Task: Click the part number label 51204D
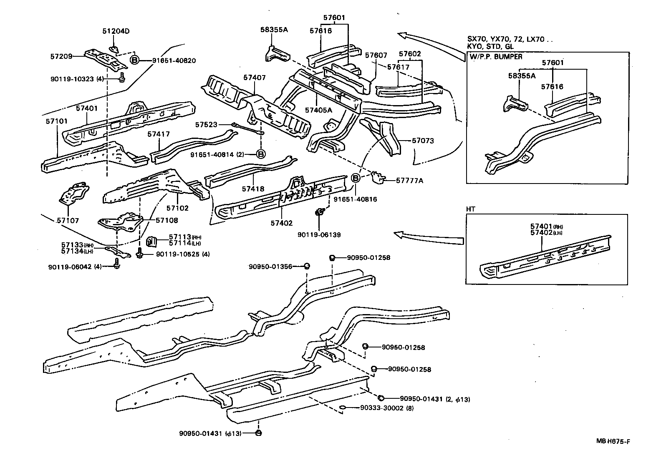[116, 31]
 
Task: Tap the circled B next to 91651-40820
[135, 60]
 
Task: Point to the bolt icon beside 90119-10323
[122, 77]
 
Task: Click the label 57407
[254, 78]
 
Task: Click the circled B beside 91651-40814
[260, 154]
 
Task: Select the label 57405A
[318, 110]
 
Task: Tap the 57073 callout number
[422, 141]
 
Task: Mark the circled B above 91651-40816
[356, 178]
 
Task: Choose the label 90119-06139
[319, 235]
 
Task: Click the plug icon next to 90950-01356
[306, 266]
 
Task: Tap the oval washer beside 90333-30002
[341, 408]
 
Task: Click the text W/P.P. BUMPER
[495, 57]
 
